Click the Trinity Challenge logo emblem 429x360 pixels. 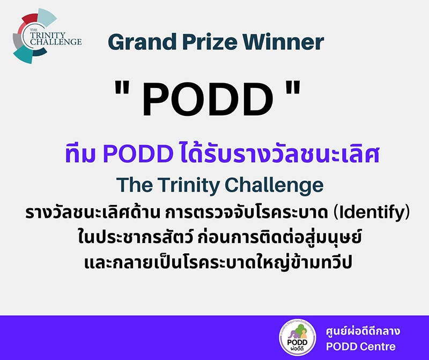(47, 36)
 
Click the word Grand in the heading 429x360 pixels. (142, 42)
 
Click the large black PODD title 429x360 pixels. (208, 99)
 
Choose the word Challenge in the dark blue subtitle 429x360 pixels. (274, 185)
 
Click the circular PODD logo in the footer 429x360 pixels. (298, 337)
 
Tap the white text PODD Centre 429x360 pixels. (360, 347)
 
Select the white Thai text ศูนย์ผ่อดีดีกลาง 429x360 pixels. (363, 331)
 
